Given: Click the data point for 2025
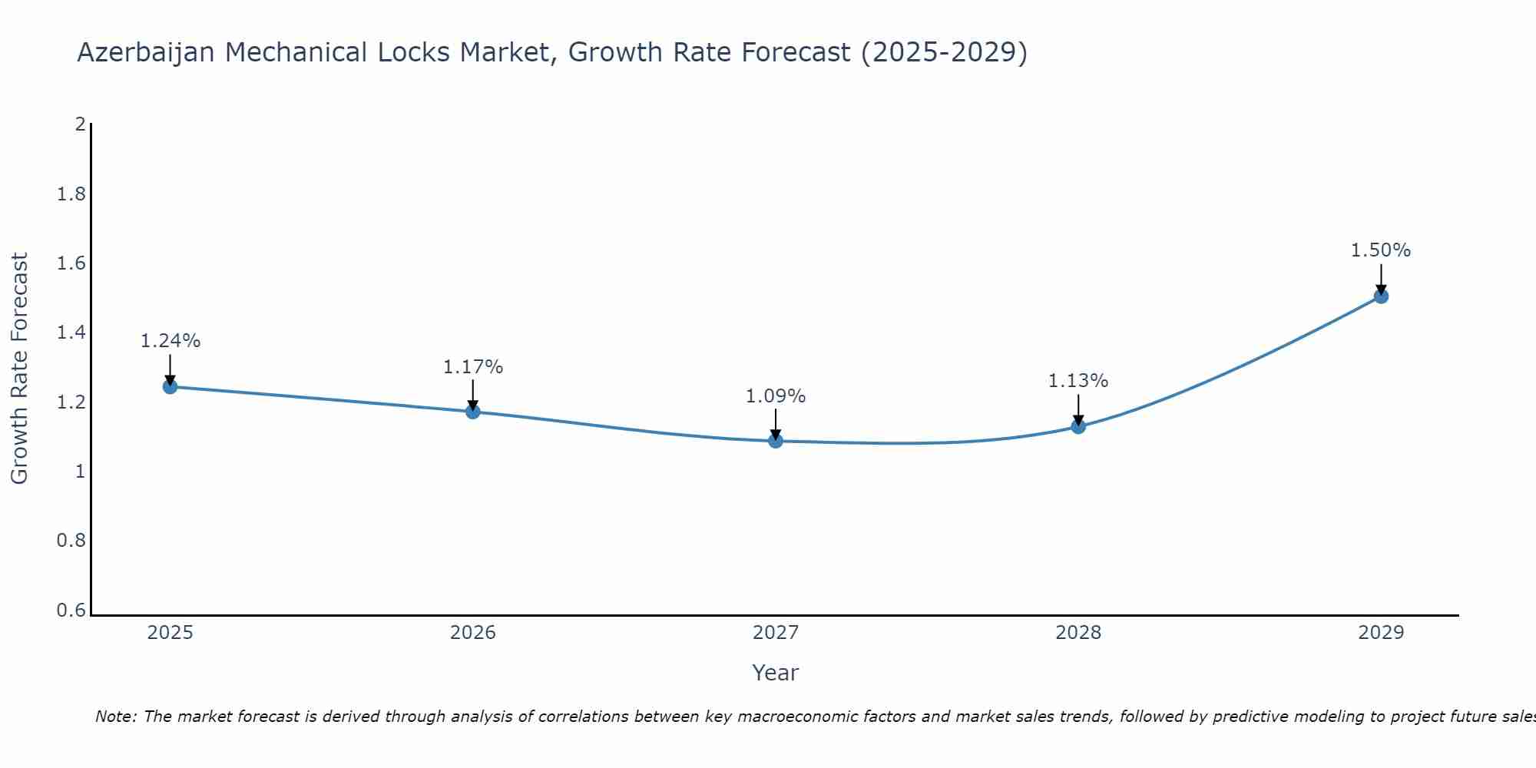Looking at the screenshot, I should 170,386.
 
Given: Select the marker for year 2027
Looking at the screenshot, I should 776,441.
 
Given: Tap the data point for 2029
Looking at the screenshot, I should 1381,296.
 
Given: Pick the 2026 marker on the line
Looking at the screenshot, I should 473,412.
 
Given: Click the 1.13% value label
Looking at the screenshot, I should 1078,381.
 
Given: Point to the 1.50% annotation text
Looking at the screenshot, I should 1381,250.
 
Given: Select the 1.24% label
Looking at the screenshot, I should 170,341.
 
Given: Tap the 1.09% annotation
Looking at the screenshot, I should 776,396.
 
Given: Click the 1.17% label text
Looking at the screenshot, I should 473,367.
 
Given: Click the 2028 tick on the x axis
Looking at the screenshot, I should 1078,633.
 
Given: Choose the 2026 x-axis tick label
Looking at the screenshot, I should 473,633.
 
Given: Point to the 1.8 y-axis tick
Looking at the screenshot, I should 71,194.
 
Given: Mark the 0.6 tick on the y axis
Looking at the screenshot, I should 71,611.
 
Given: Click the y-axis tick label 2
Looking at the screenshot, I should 80,124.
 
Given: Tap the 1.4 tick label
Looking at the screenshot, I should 71,333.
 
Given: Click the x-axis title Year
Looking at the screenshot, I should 776,673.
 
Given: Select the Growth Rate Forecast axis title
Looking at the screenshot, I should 20,369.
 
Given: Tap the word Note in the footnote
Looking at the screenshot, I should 115,717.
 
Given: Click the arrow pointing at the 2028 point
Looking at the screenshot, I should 1078,409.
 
